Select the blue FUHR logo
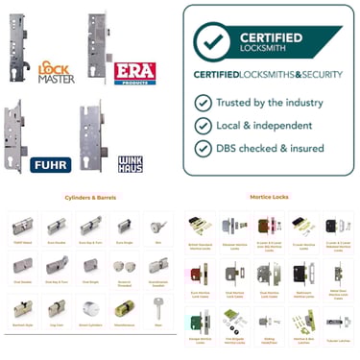51,163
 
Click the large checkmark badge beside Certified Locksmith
215,40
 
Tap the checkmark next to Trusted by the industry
203,102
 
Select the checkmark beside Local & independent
203,125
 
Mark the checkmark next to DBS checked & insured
203,148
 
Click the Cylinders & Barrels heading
89,198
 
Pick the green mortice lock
230,313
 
